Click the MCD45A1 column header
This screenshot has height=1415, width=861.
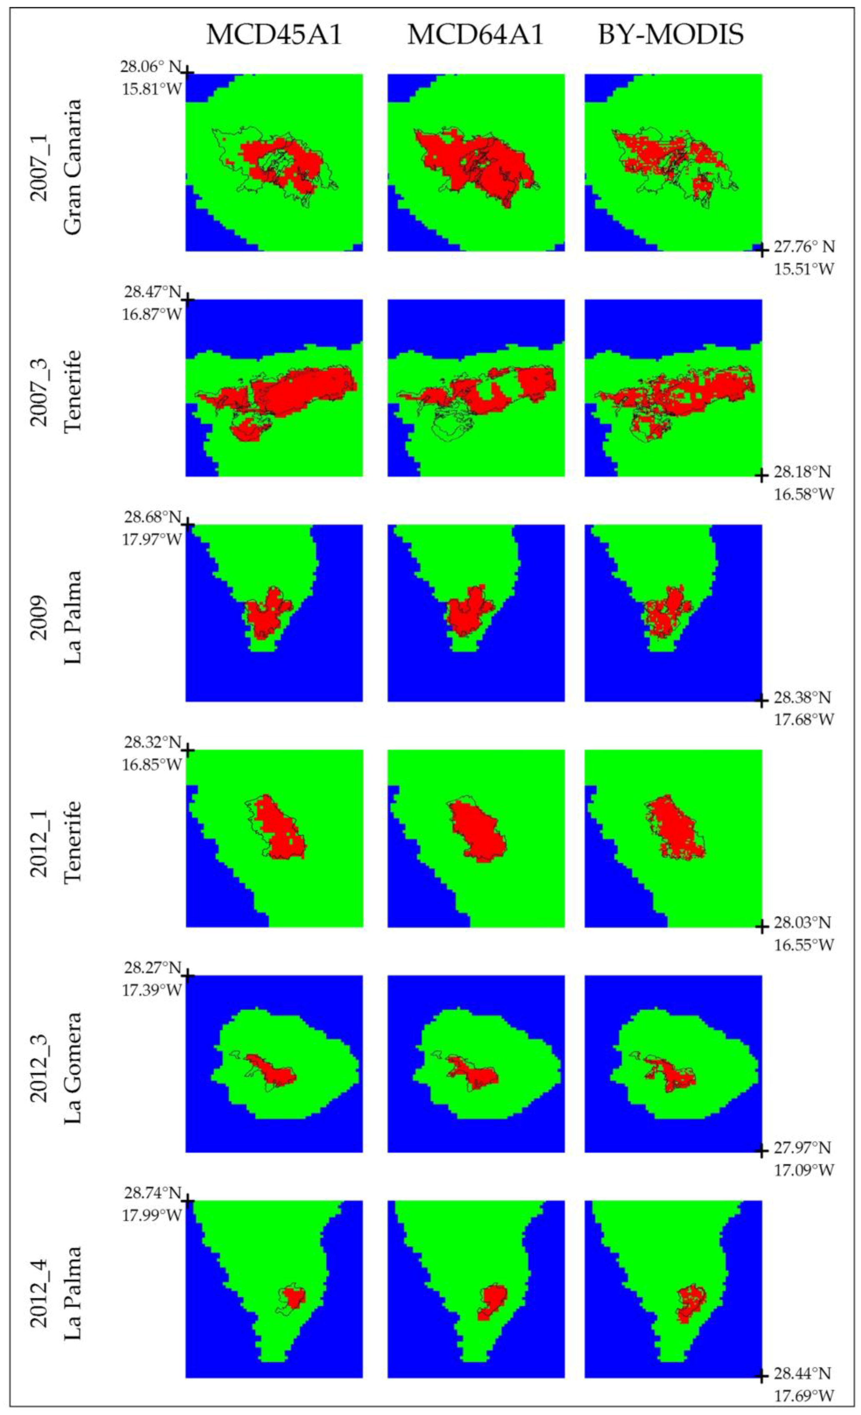coord(274,35)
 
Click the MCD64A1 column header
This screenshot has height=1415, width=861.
coord(475,35)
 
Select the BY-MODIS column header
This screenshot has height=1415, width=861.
coord(671,35)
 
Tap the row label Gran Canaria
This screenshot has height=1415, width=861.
coord(73,167)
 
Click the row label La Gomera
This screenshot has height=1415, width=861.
coord(73,1067)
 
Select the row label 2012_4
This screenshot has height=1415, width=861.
coord(39,1292)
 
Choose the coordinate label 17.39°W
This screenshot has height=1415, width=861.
coord(152,990)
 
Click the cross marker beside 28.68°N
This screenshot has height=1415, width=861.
coord(187,524)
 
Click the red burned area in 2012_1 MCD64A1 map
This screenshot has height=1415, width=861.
coord(477,830)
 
